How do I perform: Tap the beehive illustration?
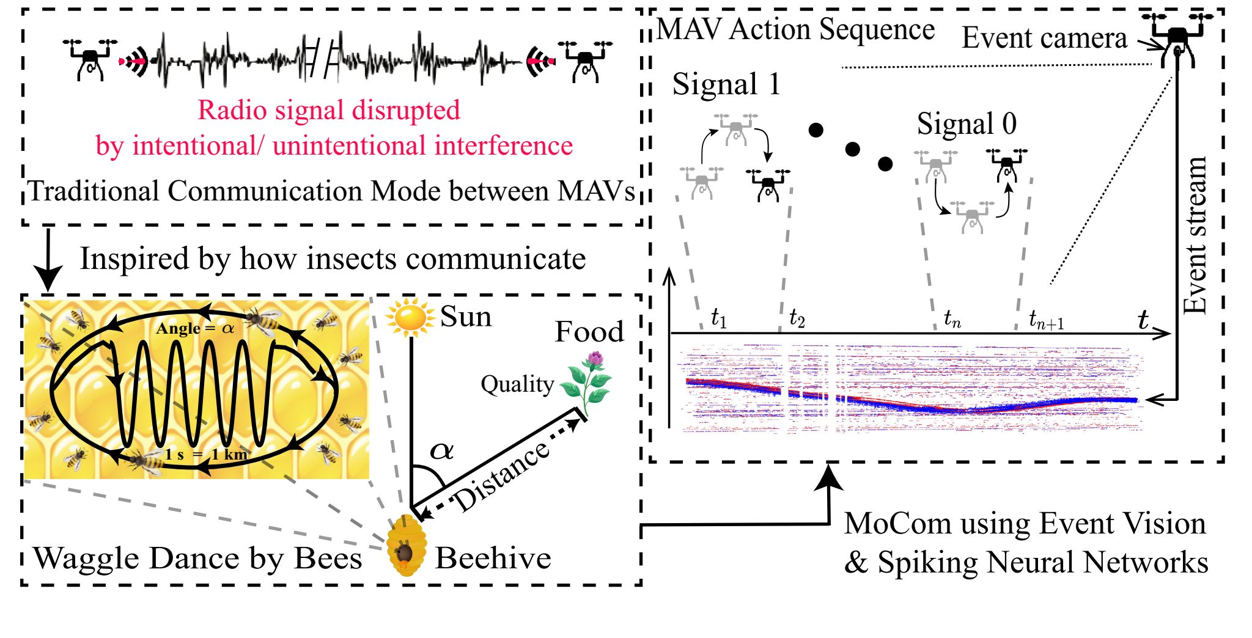[405, 546]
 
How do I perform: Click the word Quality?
[517, 384]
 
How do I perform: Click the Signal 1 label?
[726, 84]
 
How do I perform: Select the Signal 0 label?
[967, 124]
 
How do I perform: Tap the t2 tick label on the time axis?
[797, 318]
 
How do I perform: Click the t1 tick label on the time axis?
[719, 318]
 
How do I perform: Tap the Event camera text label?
[1044, 38]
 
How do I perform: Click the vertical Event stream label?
[1195, 235]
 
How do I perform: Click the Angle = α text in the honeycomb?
[194, 329]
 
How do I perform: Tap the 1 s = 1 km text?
[206, 455]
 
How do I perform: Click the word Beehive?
[493, 559]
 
